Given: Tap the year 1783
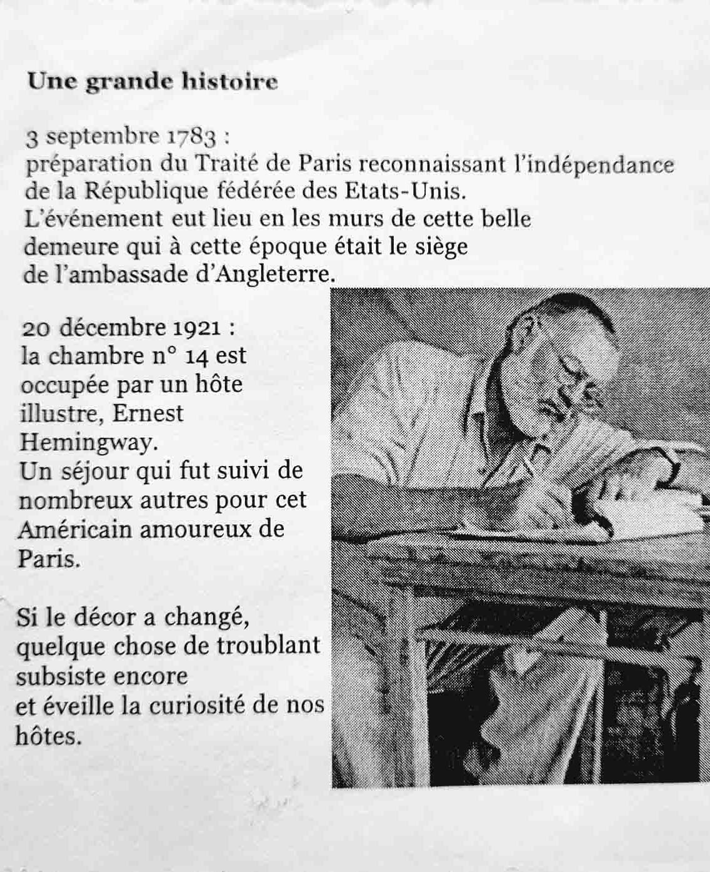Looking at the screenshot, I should coord(191,136).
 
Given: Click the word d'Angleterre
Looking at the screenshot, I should coord(262,275).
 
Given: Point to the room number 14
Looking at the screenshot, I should coord(196,356).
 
